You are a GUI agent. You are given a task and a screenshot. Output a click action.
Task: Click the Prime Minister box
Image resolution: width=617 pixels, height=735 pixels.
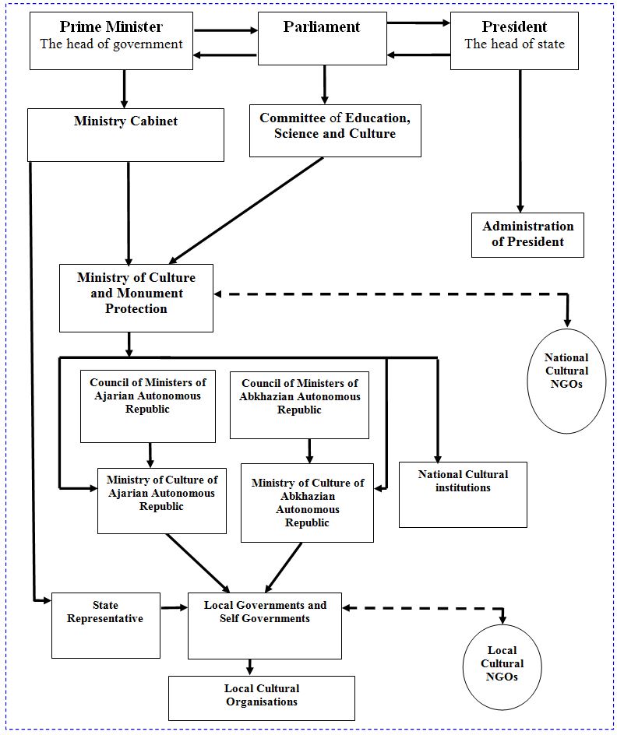(x=111, y=40)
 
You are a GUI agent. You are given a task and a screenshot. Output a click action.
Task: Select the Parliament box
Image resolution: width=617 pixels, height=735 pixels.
(x=322, y=38)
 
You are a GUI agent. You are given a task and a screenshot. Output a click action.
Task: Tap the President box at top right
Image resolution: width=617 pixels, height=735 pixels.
(x=514, y=40)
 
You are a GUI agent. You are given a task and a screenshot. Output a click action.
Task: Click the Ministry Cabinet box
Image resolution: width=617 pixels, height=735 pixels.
(x=125, y=135)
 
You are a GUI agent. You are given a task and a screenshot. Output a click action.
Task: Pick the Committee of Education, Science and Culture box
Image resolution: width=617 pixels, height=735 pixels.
(x=335, y=130)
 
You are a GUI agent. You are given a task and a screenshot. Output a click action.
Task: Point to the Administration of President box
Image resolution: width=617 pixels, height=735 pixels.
(x=527, y=235)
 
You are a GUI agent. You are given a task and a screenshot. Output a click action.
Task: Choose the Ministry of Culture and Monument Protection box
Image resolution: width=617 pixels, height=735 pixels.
(x=136, y=298)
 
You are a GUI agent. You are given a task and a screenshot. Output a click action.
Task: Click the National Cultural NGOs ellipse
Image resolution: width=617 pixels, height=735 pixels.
(x=566, y=381)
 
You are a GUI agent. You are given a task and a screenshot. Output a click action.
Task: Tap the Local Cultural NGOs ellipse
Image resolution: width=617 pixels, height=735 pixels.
(x=502, y=666)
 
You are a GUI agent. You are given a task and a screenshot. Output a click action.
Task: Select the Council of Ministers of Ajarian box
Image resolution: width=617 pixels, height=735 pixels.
(x=148, y=406)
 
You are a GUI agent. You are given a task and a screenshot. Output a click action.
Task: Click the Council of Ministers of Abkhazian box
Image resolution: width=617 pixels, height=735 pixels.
(x=299, y=405)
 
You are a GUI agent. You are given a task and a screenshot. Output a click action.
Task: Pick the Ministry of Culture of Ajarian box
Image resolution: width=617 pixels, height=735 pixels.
(x=162, y=501)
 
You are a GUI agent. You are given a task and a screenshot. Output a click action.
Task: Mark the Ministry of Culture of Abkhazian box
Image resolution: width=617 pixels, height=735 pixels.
(x=307, y=503)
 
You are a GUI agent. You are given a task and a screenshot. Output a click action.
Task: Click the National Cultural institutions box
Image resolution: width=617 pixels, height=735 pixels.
(x=463, y=494)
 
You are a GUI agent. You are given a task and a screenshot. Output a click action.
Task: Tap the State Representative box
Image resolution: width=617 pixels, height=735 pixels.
(x=105, y=625)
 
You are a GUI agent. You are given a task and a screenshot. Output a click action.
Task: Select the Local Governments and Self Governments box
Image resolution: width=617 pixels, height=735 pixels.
(x=265, y=626)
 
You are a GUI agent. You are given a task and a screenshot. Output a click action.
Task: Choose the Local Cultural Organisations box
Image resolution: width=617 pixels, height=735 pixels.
(x=262, y=698)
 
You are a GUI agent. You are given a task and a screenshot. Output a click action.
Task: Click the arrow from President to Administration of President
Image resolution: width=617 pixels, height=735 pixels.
(x=520, y=141)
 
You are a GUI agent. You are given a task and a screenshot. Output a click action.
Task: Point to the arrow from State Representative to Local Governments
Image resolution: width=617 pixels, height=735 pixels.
(x=174, y=608)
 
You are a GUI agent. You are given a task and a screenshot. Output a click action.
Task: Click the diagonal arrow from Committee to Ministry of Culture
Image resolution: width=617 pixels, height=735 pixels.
(x=246, y=210)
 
